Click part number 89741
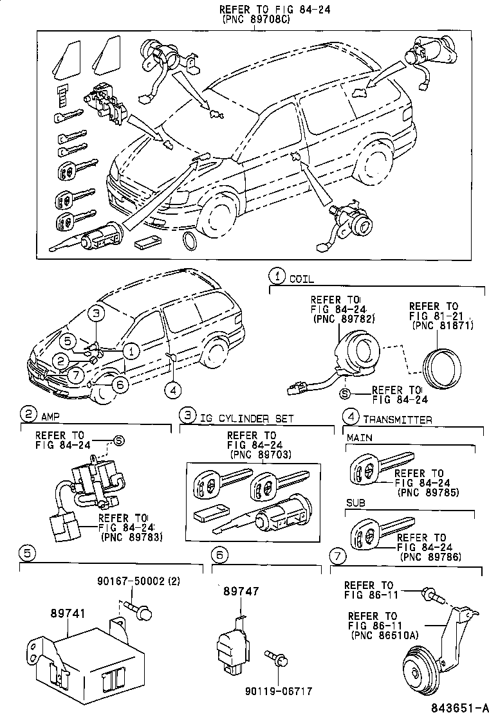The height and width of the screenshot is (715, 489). (x=68, y=614)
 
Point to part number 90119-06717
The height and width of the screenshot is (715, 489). (x=278, y=691)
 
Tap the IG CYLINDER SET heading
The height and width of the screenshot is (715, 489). (x=246, y=419)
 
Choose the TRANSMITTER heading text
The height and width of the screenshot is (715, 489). (x=397, y=420)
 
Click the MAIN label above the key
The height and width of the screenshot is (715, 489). (x=360, y=439)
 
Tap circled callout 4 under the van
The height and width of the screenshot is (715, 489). (x=171, y=388)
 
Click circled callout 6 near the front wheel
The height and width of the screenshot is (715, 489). (x=119, y=384)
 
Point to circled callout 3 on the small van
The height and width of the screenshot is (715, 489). (x=95, y=314)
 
